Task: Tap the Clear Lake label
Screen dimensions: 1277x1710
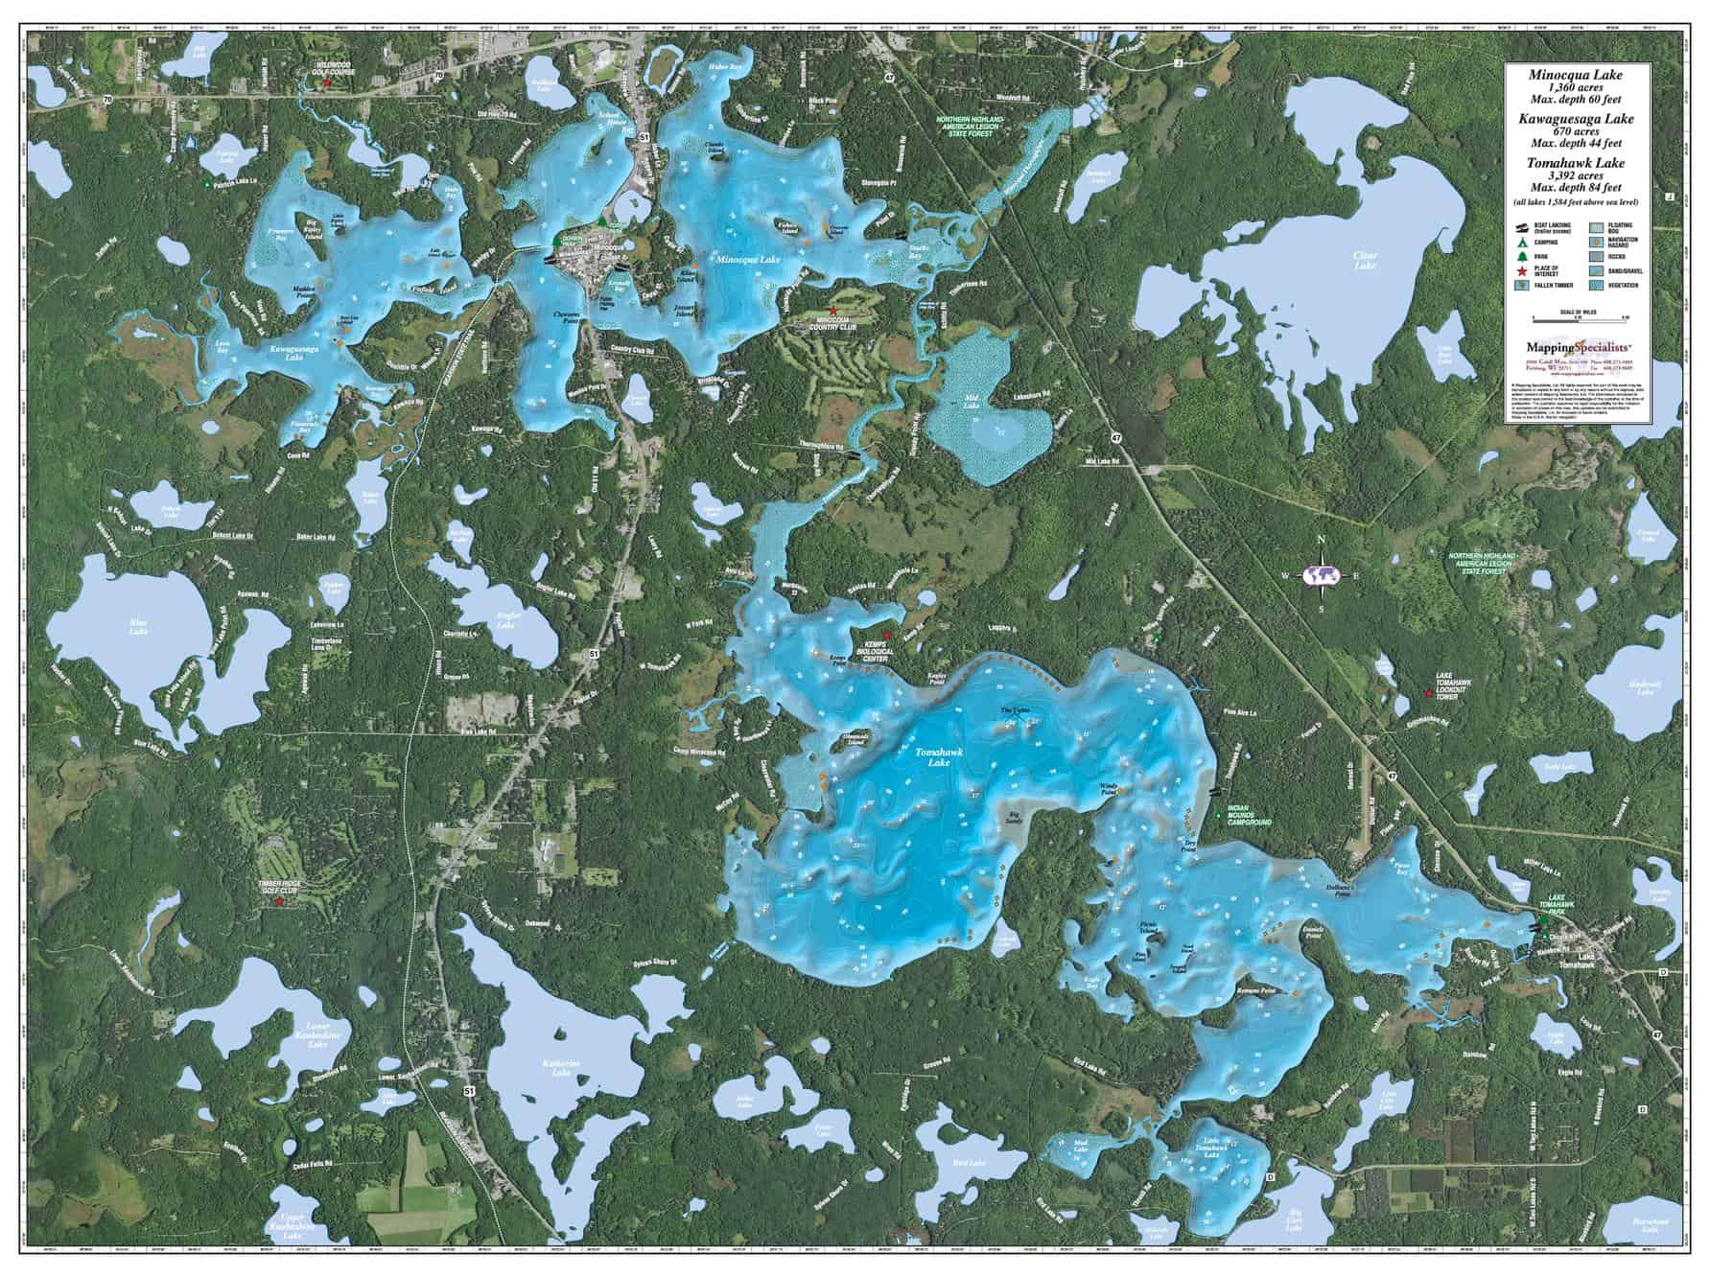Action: click(x=1364, y=255)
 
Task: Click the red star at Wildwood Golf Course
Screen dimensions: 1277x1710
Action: click(x=327, y=83)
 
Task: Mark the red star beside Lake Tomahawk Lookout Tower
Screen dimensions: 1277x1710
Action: click(x=1429, y=691)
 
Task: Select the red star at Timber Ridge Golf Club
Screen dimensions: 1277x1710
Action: click(x=279, y=902)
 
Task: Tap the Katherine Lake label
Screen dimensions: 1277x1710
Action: click(x=558, y=1069)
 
